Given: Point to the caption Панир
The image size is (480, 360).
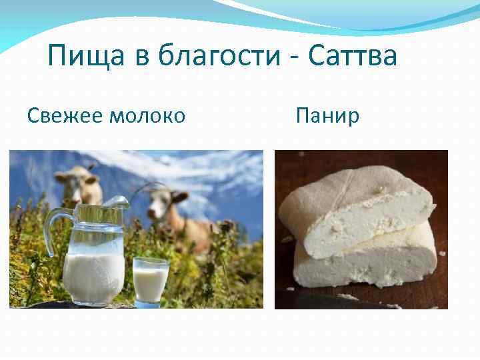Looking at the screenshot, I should [327, 116].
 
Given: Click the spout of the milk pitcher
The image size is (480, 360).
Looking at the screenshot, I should [119, 201].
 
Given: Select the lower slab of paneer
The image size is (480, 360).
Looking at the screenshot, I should [367, 267].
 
